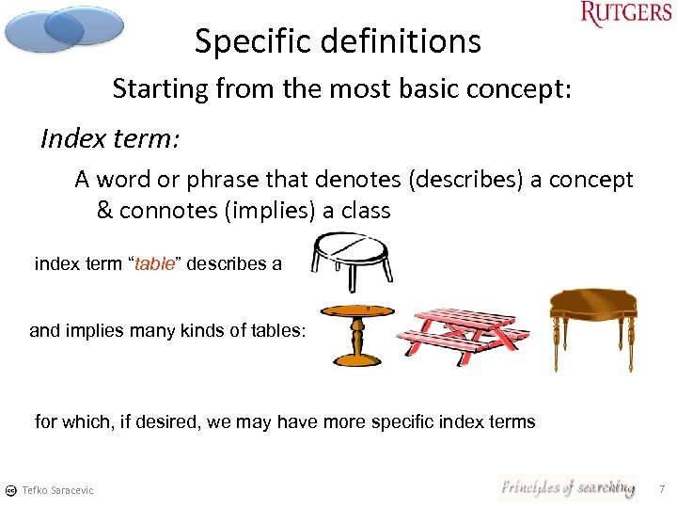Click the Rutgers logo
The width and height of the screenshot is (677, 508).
(626, 16)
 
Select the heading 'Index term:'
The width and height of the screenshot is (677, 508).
(110, 139)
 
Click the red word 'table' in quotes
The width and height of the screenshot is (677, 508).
(155, 264)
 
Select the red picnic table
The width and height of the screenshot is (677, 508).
(463, 330)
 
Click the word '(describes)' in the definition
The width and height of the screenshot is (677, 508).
(488, 180)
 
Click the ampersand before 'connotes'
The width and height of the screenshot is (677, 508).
(104, 210)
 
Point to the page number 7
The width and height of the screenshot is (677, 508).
(662, 489)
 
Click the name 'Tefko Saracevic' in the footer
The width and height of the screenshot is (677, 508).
(58, 490)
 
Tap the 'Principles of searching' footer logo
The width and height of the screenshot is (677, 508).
(567, 487)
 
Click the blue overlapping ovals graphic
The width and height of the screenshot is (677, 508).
(62, 28)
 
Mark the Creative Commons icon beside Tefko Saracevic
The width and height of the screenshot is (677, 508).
(10, 490)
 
